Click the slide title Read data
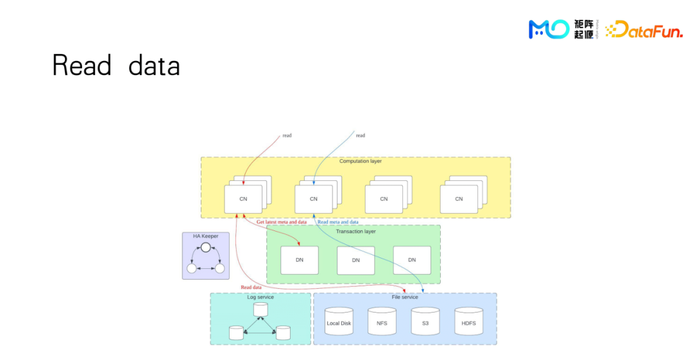point(116,65)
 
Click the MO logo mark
point(549,29)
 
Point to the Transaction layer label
point(355,232)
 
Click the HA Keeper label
point(205,236)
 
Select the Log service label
point(260,297)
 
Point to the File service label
point(404,297)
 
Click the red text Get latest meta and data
point(281,222)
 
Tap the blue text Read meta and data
point(346,222)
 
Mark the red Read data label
point(251,287)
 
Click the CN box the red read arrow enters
point(243,199)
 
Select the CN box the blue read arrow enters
point(314,199)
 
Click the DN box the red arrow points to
point(299,260)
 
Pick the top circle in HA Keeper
point(205,248)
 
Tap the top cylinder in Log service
point(260,309)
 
